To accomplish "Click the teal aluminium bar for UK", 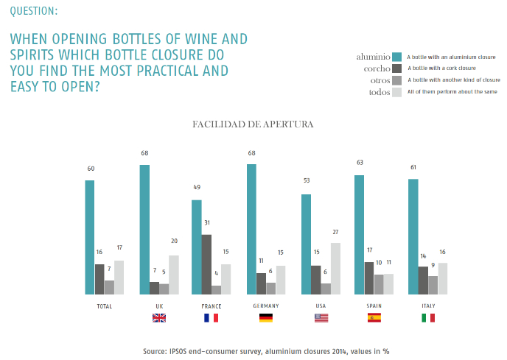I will pos(144,230).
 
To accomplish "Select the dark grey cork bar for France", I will pos(206,265).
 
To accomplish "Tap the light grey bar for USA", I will pos(335,269).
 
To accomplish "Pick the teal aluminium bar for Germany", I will pos(252,230).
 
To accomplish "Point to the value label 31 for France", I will pos(206,222).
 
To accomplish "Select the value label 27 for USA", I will pos(336,231).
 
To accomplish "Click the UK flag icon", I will pos(159,318).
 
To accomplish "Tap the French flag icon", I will pos(211,318).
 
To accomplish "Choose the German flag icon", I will pos(266,318).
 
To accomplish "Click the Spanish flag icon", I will pos(374,318).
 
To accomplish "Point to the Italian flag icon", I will pos(427,318).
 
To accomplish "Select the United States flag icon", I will pos(321,318).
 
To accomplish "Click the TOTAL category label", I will pos(105,306).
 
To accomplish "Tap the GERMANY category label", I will pos(266,306).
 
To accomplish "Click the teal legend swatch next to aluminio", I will pos(396,56).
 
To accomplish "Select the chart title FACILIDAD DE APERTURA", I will pos(253,124).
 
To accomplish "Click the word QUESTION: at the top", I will pos(34,11).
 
